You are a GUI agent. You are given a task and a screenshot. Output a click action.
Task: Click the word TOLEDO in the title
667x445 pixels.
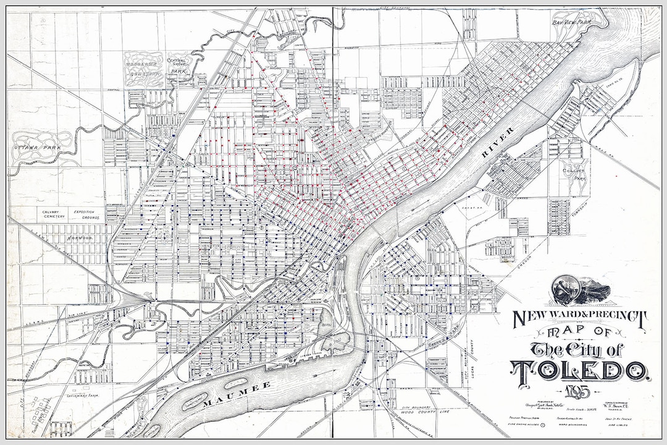pyautogui.click(x=581, y=370)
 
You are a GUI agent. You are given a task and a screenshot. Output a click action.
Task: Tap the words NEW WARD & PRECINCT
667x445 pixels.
pyautogui.click(x=580, y=319)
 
